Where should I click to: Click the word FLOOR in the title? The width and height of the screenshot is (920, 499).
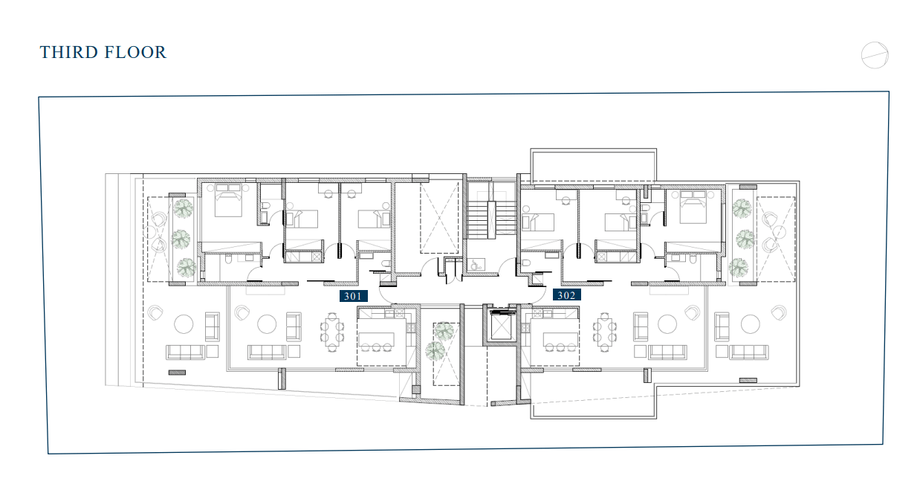tap(135, 53)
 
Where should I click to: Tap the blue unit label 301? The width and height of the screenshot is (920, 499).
tap(353, 296)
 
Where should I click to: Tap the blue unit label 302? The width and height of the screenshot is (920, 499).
tap(566, 295)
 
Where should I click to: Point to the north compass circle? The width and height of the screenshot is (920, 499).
tap(875, 55)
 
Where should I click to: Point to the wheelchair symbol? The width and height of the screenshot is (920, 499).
tap(476, 265)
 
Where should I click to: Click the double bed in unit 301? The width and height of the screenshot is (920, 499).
tap(228, 200)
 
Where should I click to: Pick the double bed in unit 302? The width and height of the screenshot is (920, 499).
tap(693, 207)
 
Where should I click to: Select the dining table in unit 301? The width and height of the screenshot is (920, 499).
tap(332, 332)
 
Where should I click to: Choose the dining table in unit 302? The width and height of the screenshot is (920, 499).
tap(604, 332)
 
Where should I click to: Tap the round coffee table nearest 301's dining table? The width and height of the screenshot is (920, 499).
tap(267, 324)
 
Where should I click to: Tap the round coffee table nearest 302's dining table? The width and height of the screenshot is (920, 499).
tap(667, 324)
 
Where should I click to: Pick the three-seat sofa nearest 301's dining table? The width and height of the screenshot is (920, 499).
tap(267, 352)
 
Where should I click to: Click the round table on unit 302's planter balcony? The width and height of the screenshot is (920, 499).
tap(779, 232)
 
